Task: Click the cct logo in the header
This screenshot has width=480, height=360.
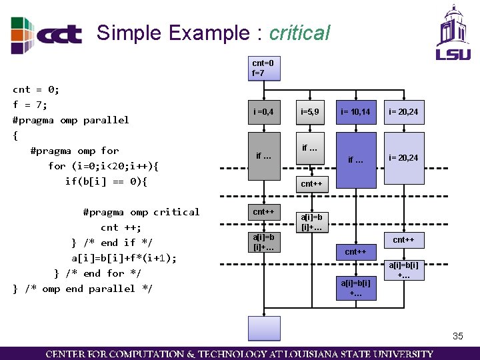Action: (x=47, y=35)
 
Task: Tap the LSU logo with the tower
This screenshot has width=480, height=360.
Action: (x=453, y=33)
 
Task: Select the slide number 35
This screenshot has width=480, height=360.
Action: (x=457, y=336)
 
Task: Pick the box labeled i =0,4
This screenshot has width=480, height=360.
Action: (x=264, y=111)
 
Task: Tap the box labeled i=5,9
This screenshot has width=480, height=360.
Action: (x=311, y=111)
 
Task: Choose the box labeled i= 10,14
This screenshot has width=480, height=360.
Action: (x=355, y=111)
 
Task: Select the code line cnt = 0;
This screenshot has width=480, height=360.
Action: (x=36, y=89)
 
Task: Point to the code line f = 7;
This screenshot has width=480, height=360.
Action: (x=30, y=105)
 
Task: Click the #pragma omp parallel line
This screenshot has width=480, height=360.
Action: (x=71, y=120)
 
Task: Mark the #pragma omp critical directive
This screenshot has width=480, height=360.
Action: (x=141, y=212)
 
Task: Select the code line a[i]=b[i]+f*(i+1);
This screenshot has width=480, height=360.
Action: (x=123, y=258)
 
